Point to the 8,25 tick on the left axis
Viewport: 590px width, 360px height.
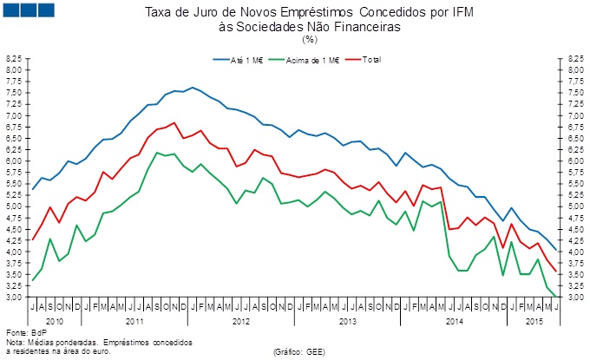(14, 58)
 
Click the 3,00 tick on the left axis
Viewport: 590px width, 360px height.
(14, 298)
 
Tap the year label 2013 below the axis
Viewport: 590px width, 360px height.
(347, 322)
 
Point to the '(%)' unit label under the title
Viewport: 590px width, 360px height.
(310, 38)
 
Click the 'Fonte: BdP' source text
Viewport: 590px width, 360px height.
(24, 333)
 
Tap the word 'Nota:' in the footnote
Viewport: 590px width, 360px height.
(16, 342)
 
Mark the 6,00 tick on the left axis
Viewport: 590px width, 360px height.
(14, 160)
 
